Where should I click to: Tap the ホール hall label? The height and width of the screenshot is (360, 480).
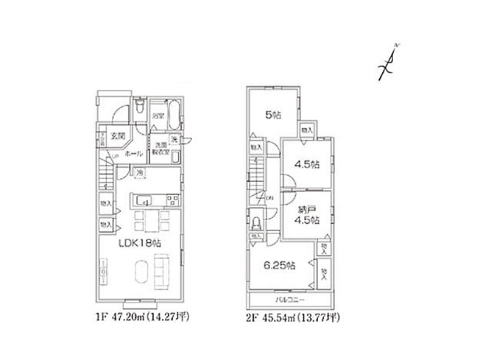tap(133, 154)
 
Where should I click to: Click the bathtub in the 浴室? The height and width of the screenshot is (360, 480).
tap(172, 116)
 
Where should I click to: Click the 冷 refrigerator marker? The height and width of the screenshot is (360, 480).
tap(140, 173)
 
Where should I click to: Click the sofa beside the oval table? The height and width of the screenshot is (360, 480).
tap(163, 269)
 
